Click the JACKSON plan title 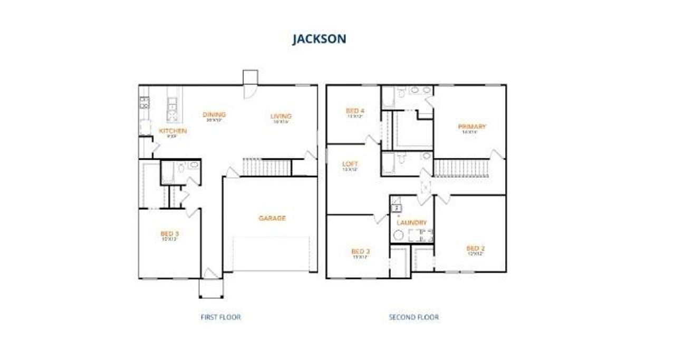319,39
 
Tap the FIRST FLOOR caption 220,317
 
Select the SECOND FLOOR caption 413,317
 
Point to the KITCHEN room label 172,131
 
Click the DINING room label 215,114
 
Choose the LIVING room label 281,116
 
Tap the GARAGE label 272,218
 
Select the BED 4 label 355,111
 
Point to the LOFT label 350,164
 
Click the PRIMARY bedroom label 471,127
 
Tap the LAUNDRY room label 411,222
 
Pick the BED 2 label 475,248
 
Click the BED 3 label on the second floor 360,251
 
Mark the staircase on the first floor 266,167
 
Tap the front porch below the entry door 211,288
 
